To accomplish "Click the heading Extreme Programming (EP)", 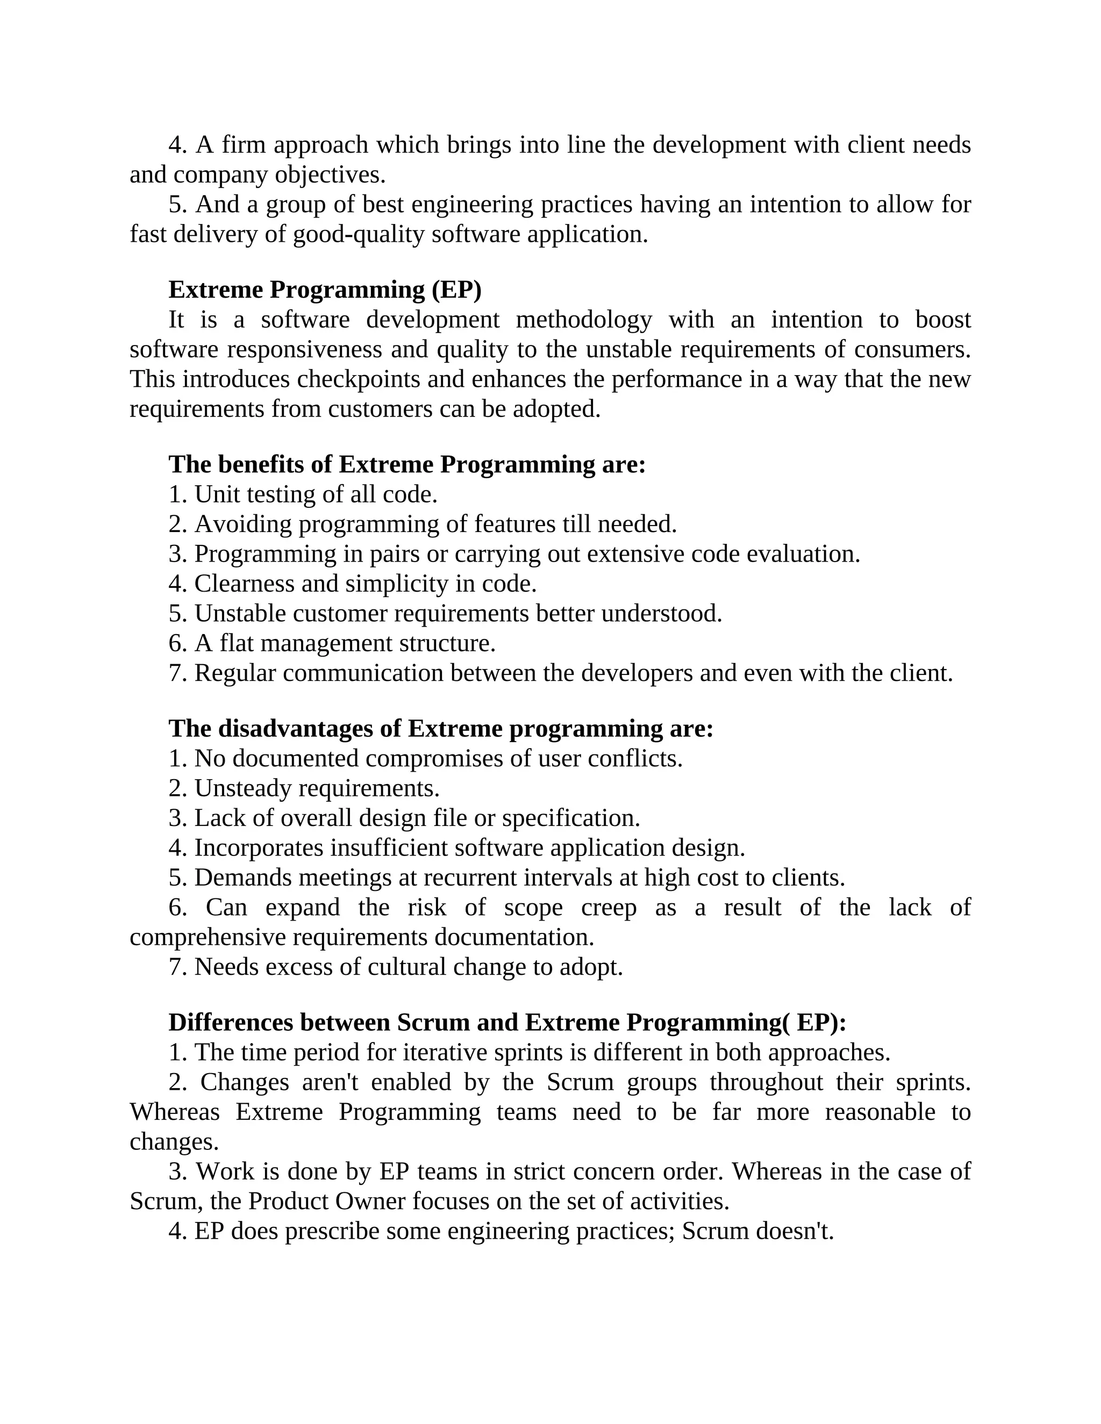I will point(324,290).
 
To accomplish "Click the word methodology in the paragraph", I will point(583,320).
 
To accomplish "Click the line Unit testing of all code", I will point(303,494).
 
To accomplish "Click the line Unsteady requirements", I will point(304,788).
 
